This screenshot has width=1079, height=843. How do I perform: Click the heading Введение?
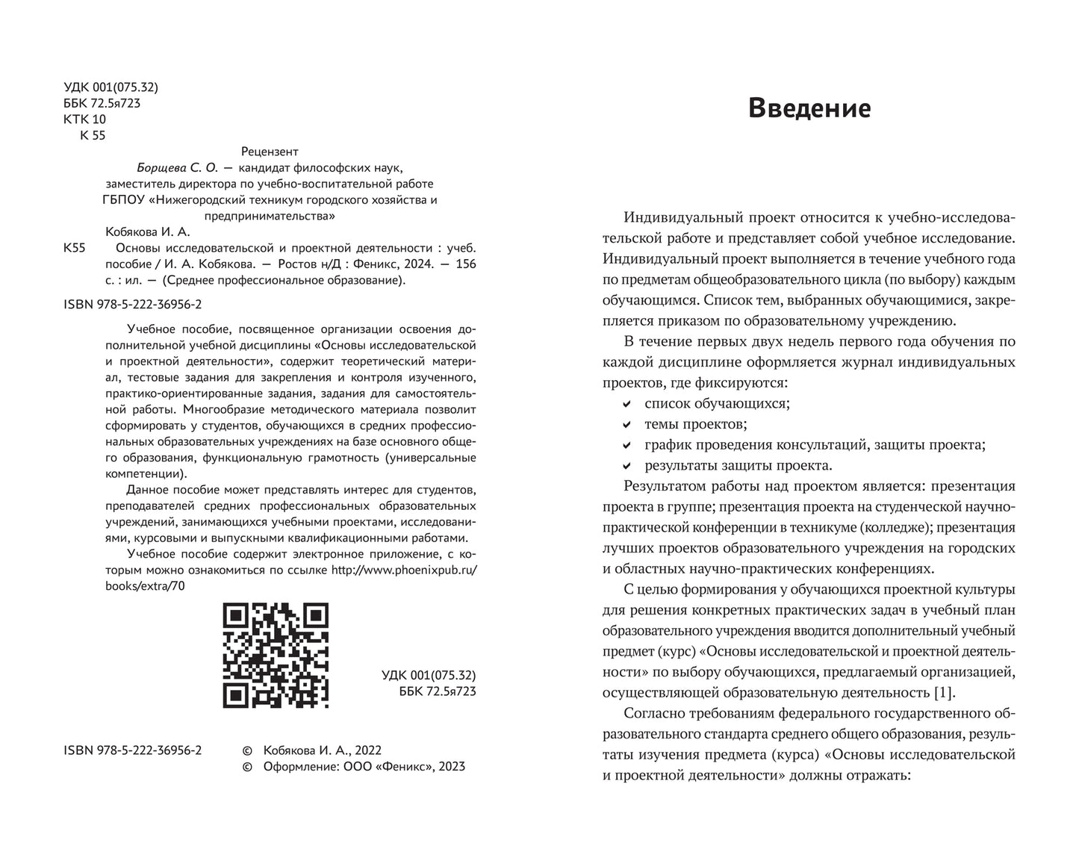pos(809,108)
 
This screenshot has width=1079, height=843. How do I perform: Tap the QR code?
pos(276,656)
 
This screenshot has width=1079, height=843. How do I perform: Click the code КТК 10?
pos(85,119)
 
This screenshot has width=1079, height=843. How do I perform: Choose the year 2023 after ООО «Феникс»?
pos(450,766)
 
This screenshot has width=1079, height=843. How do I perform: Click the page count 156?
pos(465,264)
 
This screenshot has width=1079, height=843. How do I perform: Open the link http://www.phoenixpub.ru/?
pos(403,570)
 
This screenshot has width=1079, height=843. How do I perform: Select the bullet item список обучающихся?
pos(717,403)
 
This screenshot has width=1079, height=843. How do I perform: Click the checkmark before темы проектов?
pos(626,425)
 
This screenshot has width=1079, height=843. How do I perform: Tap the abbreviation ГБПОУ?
pos(124,200)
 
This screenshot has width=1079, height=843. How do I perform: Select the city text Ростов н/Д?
pos(307,264)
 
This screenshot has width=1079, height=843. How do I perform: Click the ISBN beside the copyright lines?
pos(134,750)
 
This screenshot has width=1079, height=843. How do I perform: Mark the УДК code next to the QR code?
pos(428,676)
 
